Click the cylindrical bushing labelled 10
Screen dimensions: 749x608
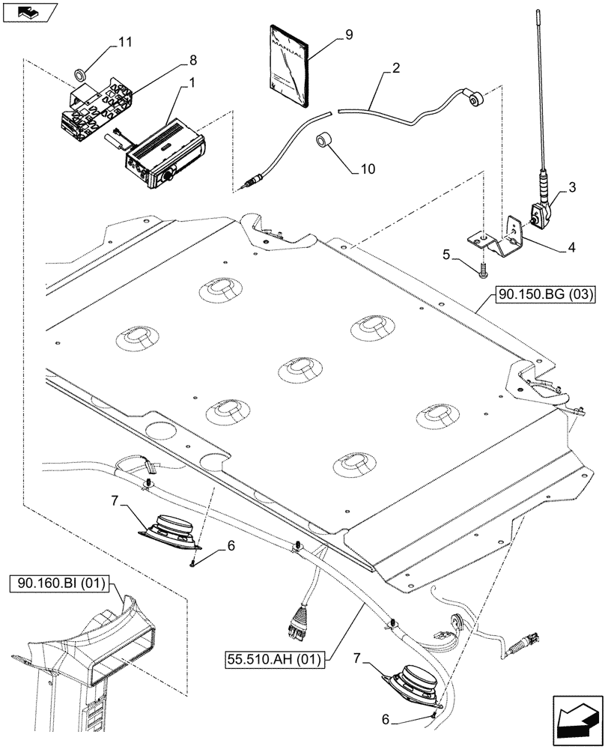pos(323,142)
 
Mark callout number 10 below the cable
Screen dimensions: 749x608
pos(367,169)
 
